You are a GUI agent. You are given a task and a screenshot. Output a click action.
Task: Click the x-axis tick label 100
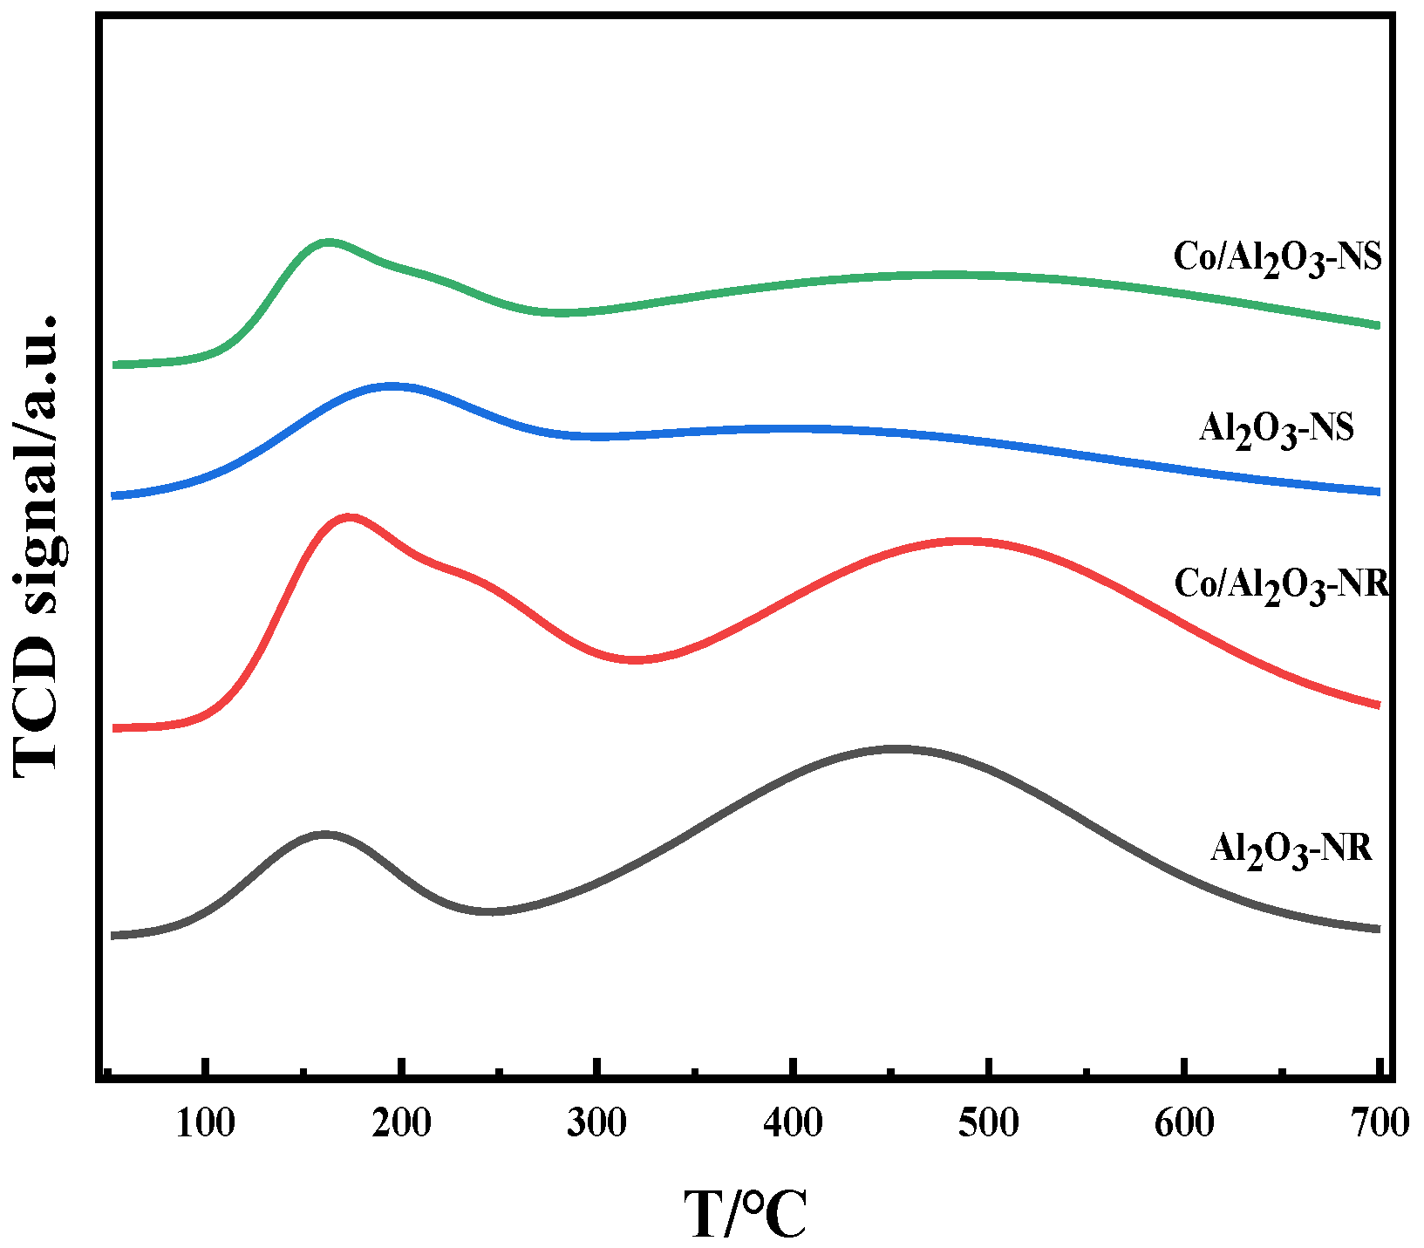[205, 1123]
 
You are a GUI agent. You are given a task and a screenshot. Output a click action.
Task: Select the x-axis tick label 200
[401, 1123]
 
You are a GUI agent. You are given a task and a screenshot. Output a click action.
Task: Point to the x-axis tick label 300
[596, 1123]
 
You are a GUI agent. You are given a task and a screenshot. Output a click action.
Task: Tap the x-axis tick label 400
[793, 1123]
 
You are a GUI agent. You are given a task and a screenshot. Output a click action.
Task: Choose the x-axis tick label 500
[988, 1123]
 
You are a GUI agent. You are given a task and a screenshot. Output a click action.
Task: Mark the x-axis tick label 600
[1184, 1123]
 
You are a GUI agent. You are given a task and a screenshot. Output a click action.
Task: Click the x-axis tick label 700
[1380, 1123]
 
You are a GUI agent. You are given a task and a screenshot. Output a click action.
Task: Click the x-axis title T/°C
[745, 1213]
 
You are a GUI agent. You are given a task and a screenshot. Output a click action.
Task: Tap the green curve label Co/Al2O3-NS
[1278, 259]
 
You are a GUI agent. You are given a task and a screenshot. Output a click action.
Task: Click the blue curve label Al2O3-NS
[1276, 430]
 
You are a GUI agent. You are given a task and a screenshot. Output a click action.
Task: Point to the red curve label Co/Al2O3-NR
[1280, 583]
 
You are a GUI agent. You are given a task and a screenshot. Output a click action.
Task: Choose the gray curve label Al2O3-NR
[1291, 849]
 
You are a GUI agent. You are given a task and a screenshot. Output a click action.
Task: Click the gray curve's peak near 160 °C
[324, 835]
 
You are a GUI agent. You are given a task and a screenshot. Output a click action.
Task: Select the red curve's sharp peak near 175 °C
[350, 517]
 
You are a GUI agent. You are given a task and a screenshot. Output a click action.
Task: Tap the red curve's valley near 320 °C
[635, 659]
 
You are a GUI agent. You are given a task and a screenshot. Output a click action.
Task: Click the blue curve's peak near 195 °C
[390, 385]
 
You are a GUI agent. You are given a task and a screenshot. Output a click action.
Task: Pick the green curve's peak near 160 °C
[327, 242]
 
